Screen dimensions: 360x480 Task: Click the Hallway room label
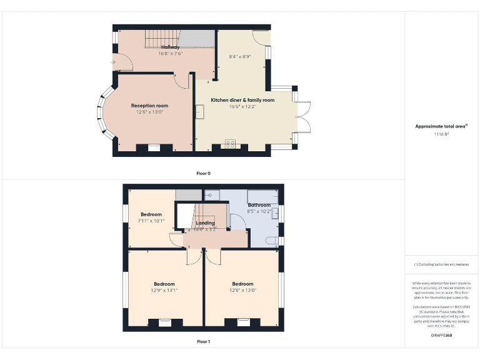pyautogui.click(x=170, y=47)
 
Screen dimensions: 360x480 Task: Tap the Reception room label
pyautogui.click(x=149, y=106)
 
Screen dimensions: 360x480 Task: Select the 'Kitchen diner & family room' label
pyautogui.click(x=242, y=100)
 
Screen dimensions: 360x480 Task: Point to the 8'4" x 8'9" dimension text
pyautogui.click(x=240, y=57)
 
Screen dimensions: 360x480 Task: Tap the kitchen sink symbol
pyautogui.click(x=199, y=111)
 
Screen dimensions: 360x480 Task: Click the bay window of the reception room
pyautogui.click(x=101, y=114)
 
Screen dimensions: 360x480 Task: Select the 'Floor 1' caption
pyautogui.click(x=203, y=341)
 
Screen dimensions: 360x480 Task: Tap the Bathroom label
pyautogui.click(x=259, y=205)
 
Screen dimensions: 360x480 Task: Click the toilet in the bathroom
pyautogui.click(x=271, y=241)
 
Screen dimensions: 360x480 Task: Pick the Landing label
pyautogui.click(x=205, y=223)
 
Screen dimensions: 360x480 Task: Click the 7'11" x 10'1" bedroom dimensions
pyautogui.click(x=151, y=221)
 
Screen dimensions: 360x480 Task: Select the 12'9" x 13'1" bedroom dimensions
pyautogui.click(x=164, y=290)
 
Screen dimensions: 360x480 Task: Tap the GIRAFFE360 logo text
pyautogui.click(x=441, y=336)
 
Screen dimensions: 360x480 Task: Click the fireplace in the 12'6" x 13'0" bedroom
pyautogui.click(x=243, y=322)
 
